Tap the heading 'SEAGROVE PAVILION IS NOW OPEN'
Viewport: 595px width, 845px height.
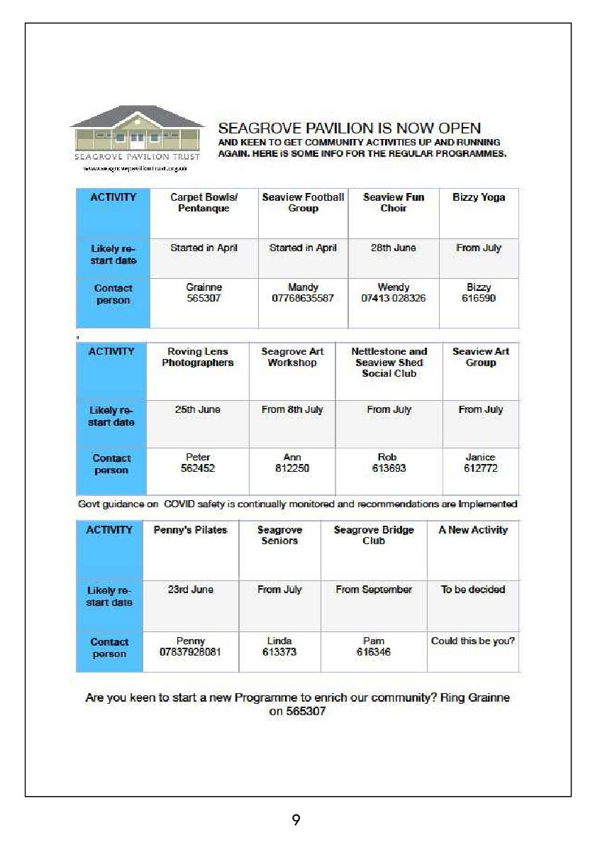click(x=349, y=128)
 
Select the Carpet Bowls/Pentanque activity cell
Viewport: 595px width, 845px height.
click(x=204, y=203)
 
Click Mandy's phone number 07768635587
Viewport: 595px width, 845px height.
click(x=302, y=299)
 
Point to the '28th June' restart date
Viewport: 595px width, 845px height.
click(x=393, y=248)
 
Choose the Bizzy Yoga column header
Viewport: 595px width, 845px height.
click(x=479, y=198)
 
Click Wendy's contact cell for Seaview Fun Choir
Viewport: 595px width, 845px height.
click(x=394, y=293)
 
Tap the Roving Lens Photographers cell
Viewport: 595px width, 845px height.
click(x=197, y=357)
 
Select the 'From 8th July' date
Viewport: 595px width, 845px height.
click(x=292, y=410)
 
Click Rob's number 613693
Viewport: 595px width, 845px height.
click(x=388, y=469)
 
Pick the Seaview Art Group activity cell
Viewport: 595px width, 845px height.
click(x=480, y=357)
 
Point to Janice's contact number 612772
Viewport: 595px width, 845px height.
click(x=480, y=469)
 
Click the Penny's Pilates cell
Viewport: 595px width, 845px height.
click(x=190, y=531)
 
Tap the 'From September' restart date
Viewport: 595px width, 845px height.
click(x=374, y=590)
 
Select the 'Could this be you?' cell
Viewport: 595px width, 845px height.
click(x=473, y=641)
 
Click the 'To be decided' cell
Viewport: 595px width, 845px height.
click(x=473, y=590)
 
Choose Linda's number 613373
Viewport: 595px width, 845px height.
click(x=279, y=653)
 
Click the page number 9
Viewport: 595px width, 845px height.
click(x=296, y=820)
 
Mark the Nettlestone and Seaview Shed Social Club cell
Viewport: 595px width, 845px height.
click(x=389, y=362)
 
